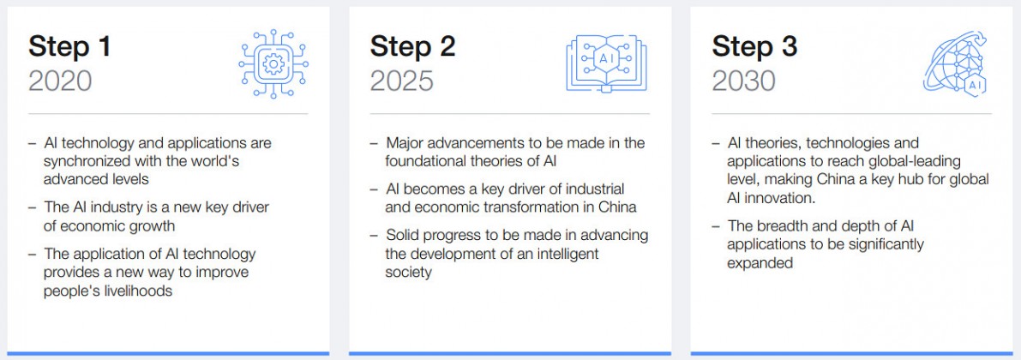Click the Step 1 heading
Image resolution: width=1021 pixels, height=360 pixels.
tap(69, 47)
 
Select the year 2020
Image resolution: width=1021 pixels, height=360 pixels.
tap(60, 81)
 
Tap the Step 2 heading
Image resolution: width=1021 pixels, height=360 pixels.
tap(413, 47)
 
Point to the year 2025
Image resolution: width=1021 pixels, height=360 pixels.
tap(402, 81)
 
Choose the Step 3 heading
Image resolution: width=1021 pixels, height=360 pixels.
tap(754, 47)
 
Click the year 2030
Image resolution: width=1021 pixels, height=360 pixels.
tap(743, 81)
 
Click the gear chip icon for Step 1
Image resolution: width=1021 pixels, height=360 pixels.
tap(273, 63)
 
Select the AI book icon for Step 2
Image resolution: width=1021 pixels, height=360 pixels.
tap(607, 63)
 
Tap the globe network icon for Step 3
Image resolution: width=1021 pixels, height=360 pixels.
tap(955, 63)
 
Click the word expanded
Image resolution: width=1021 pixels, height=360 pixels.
tap(760, 264)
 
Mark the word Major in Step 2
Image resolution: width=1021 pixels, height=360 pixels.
tap(405, 142)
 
